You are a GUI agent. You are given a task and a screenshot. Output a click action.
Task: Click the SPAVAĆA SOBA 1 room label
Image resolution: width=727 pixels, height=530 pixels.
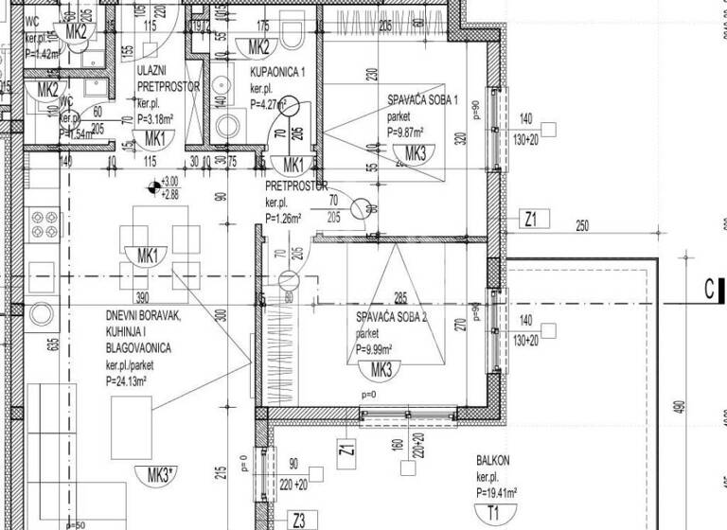(x=422, y=100)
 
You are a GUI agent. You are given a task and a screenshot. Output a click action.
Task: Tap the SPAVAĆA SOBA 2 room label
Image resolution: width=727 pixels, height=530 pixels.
(x=392, y=319)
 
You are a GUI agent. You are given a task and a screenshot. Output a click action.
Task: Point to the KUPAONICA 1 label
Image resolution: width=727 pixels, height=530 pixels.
(x=277, y=73)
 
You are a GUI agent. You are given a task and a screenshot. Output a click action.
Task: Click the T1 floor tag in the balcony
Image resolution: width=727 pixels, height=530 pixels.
(x=492, y=514)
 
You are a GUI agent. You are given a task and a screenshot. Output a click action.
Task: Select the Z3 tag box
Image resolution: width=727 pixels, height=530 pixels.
(x=299, y=519)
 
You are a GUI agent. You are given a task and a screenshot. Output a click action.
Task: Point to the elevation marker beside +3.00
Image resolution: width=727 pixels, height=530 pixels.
(x=151, y=187)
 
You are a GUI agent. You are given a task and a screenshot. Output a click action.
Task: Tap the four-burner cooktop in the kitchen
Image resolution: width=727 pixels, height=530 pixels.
(x=44, y=225)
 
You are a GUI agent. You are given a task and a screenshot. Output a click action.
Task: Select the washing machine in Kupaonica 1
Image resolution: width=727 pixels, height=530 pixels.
(x=228, y=126)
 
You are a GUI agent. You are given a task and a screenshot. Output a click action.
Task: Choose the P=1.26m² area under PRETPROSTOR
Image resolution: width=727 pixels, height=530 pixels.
(x=283, y=218)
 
